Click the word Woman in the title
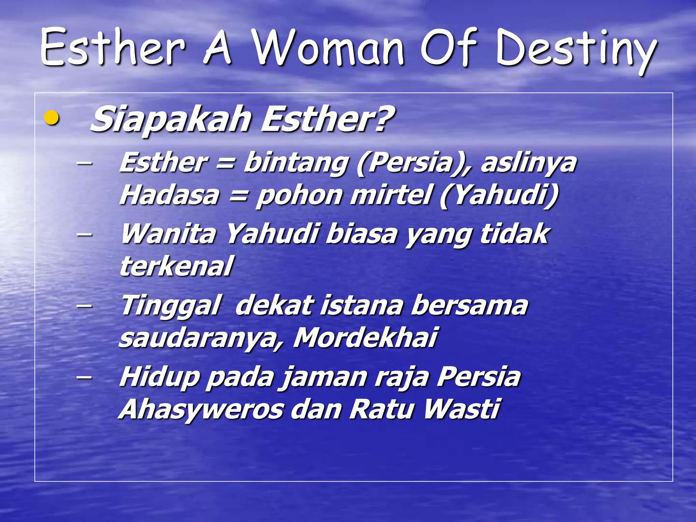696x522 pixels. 329,48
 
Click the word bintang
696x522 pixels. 296,163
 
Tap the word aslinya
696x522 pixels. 528,163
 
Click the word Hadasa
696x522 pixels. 169,195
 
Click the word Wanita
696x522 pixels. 168,234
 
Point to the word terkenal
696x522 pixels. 176,266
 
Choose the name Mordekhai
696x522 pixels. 365,337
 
